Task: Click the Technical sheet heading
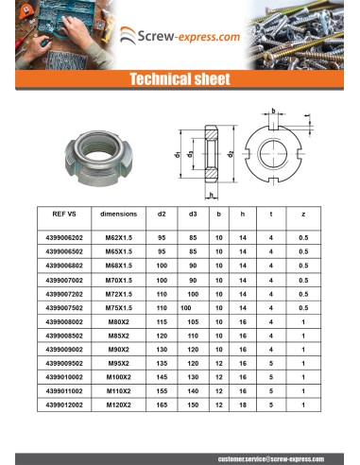click(x=180, y=79)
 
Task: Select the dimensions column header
click(x=118, y=215)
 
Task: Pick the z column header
click(x=302, y=215)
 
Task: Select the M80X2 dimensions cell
click(x=118, y=322)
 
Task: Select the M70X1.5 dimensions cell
click(x=118, y=281)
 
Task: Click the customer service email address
click(x=266, y=457)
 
